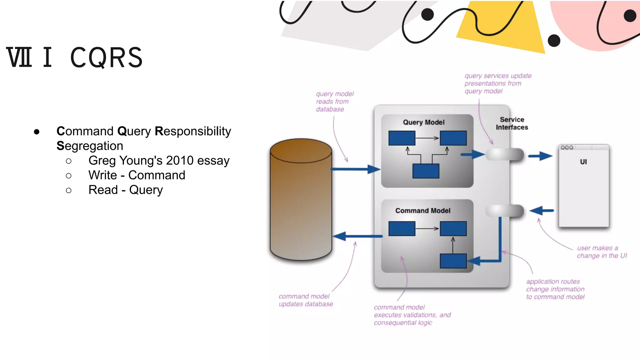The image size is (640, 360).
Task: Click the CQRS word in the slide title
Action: pos(106,58)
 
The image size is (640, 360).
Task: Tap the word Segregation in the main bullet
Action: pos(90,146)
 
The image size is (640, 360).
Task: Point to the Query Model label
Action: pos(423,122)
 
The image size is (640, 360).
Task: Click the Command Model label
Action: pos(423,211)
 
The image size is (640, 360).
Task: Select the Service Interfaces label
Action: pos(512,123)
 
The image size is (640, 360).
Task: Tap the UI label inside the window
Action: pos(583,162)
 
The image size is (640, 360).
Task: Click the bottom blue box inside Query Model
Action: pos(426,171)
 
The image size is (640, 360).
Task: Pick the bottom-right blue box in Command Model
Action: pos(453,261)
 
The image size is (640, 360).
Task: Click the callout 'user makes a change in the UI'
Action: pos(601,252)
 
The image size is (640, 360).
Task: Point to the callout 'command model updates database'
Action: pos(305,300)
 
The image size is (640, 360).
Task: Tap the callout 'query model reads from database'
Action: pos(334,102)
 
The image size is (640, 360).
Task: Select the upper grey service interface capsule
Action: pos(505,154)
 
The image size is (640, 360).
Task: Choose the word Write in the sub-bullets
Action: pos(102,175)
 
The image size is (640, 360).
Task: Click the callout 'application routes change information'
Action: pos(555,289)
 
